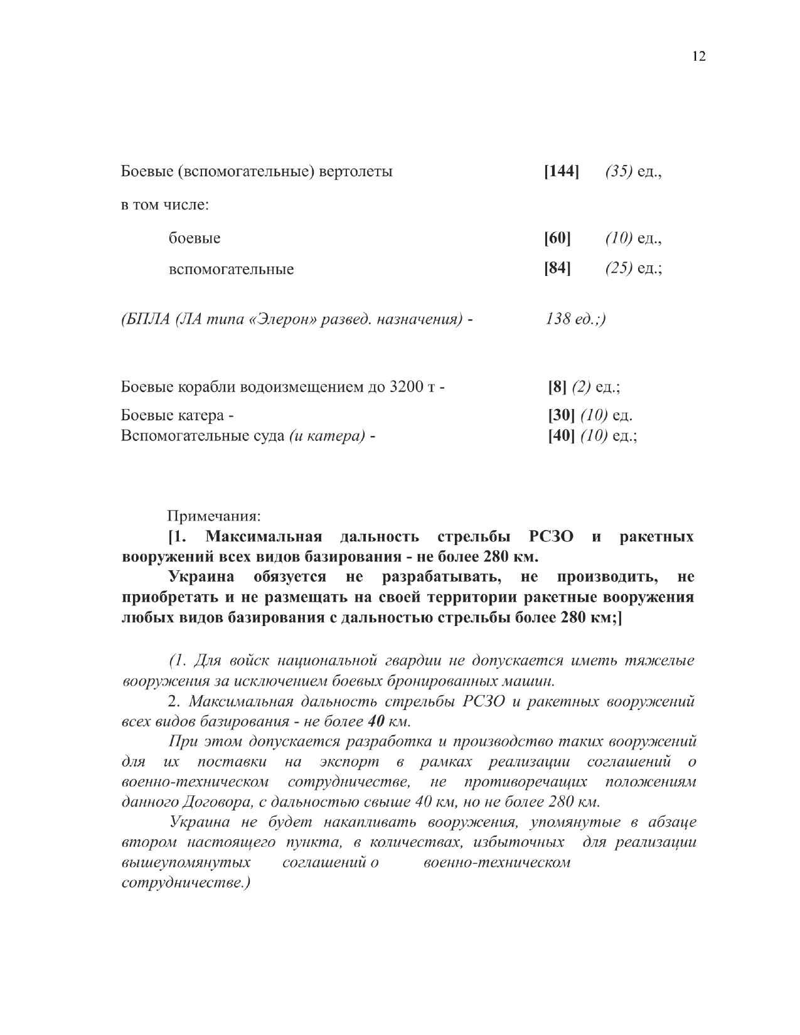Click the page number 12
pyautogui.click(x=699, y=56)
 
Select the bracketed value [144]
pyautogui.click(x=562, y=171)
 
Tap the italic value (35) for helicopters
pyautogui.click(x=619, y=171)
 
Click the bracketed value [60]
pyautogui.click(x=557, y=238)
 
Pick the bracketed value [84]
pyautogui.click(x=557, y=268)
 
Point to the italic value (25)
pyautogui.click(x=619, y=268)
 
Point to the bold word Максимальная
pyautogui.click(x=264, y=537)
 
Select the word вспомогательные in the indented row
pyautogui.click(x=231, y=270)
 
